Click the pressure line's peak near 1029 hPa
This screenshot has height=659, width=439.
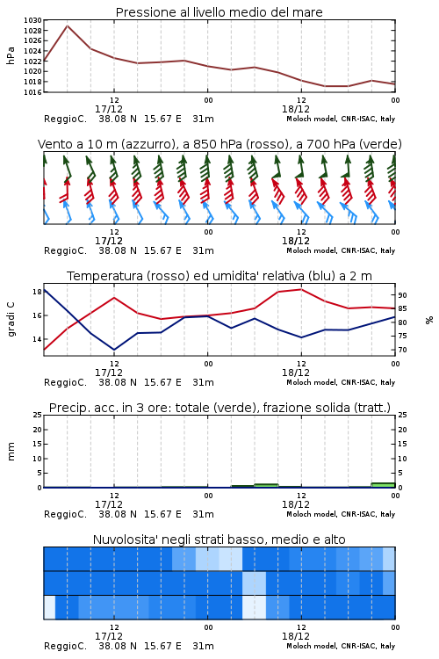pyautogui.click(x=68, y=25)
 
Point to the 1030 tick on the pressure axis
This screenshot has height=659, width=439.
pyautogui.click(x=32, y=20)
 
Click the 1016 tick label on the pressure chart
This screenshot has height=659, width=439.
pyautogui.click(x=32, y=92)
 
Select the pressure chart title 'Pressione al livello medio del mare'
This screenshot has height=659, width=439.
pyautogui.click(x=219, y=12)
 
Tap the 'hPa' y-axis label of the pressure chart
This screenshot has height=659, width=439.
pyautogui.click(x=11, y=56)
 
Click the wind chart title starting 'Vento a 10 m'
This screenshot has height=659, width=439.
pyautogui.click(x=219, y=144)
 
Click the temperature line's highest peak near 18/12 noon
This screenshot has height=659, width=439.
pyautogui.click(x=301, y=289)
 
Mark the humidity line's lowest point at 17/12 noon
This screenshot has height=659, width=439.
pyautogui.click(x=114, y=350)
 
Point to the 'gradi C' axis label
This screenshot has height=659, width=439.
pyautogui.click(x=11, y=320)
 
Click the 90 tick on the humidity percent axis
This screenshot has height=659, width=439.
pyautogui.click(x=402, y=295)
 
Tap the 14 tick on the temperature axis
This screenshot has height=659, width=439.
pyautogui.click(x=37, y=339)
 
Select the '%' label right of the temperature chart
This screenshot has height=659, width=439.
pyautogui.click(x=429, y=320)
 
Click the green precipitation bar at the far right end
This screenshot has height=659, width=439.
pyautogui.click(x=383, y=485)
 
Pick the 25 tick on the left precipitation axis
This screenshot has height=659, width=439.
pyautogui.click(x=38, y=415)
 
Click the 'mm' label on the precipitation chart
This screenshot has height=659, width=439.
pyautogui.click(x=11, y=452)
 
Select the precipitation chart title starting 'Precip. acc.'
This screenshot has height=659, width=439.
pyautogui.click(x=219, y=408)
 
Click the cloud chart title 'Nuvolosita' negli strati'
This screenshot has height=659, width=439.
pyautogui.click(x=219, y=540)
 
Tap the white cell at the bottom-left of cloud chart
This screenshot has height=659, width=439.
pyautogui.click(x=49, y=607)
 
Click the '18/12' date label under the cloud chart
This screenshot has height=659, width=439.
pyautogui.click(x=296, y=636)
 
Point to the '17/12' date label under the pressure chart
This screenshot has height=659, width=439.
pyautogui.click(x=109, y=109)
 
